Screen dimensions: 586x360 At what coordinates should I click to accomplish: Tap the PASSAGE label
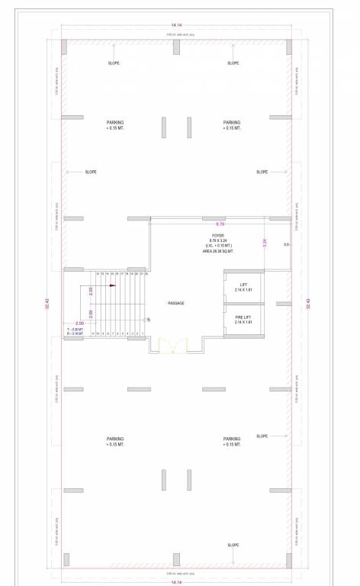point(176,303)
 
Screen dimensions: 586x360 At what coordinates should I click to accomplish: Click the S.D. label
point(286,244)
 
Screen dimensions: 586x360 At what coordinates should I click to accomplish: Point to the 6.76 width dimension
point(220,224)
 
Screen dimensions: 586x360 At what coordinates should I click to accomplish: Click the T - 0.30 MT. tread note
point(75,329)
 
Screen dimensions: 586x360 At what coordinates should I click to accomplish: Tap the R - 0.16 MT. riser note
point(75,333)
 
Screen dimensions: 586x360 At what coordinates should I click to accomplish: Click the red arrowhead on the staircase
point(111,285)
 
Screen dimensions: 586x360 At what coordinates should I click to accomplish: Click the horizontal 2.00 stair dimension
point(79,324)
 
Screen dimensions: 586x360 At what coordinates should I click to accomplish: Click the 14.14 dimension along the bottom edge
point(176,581)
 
